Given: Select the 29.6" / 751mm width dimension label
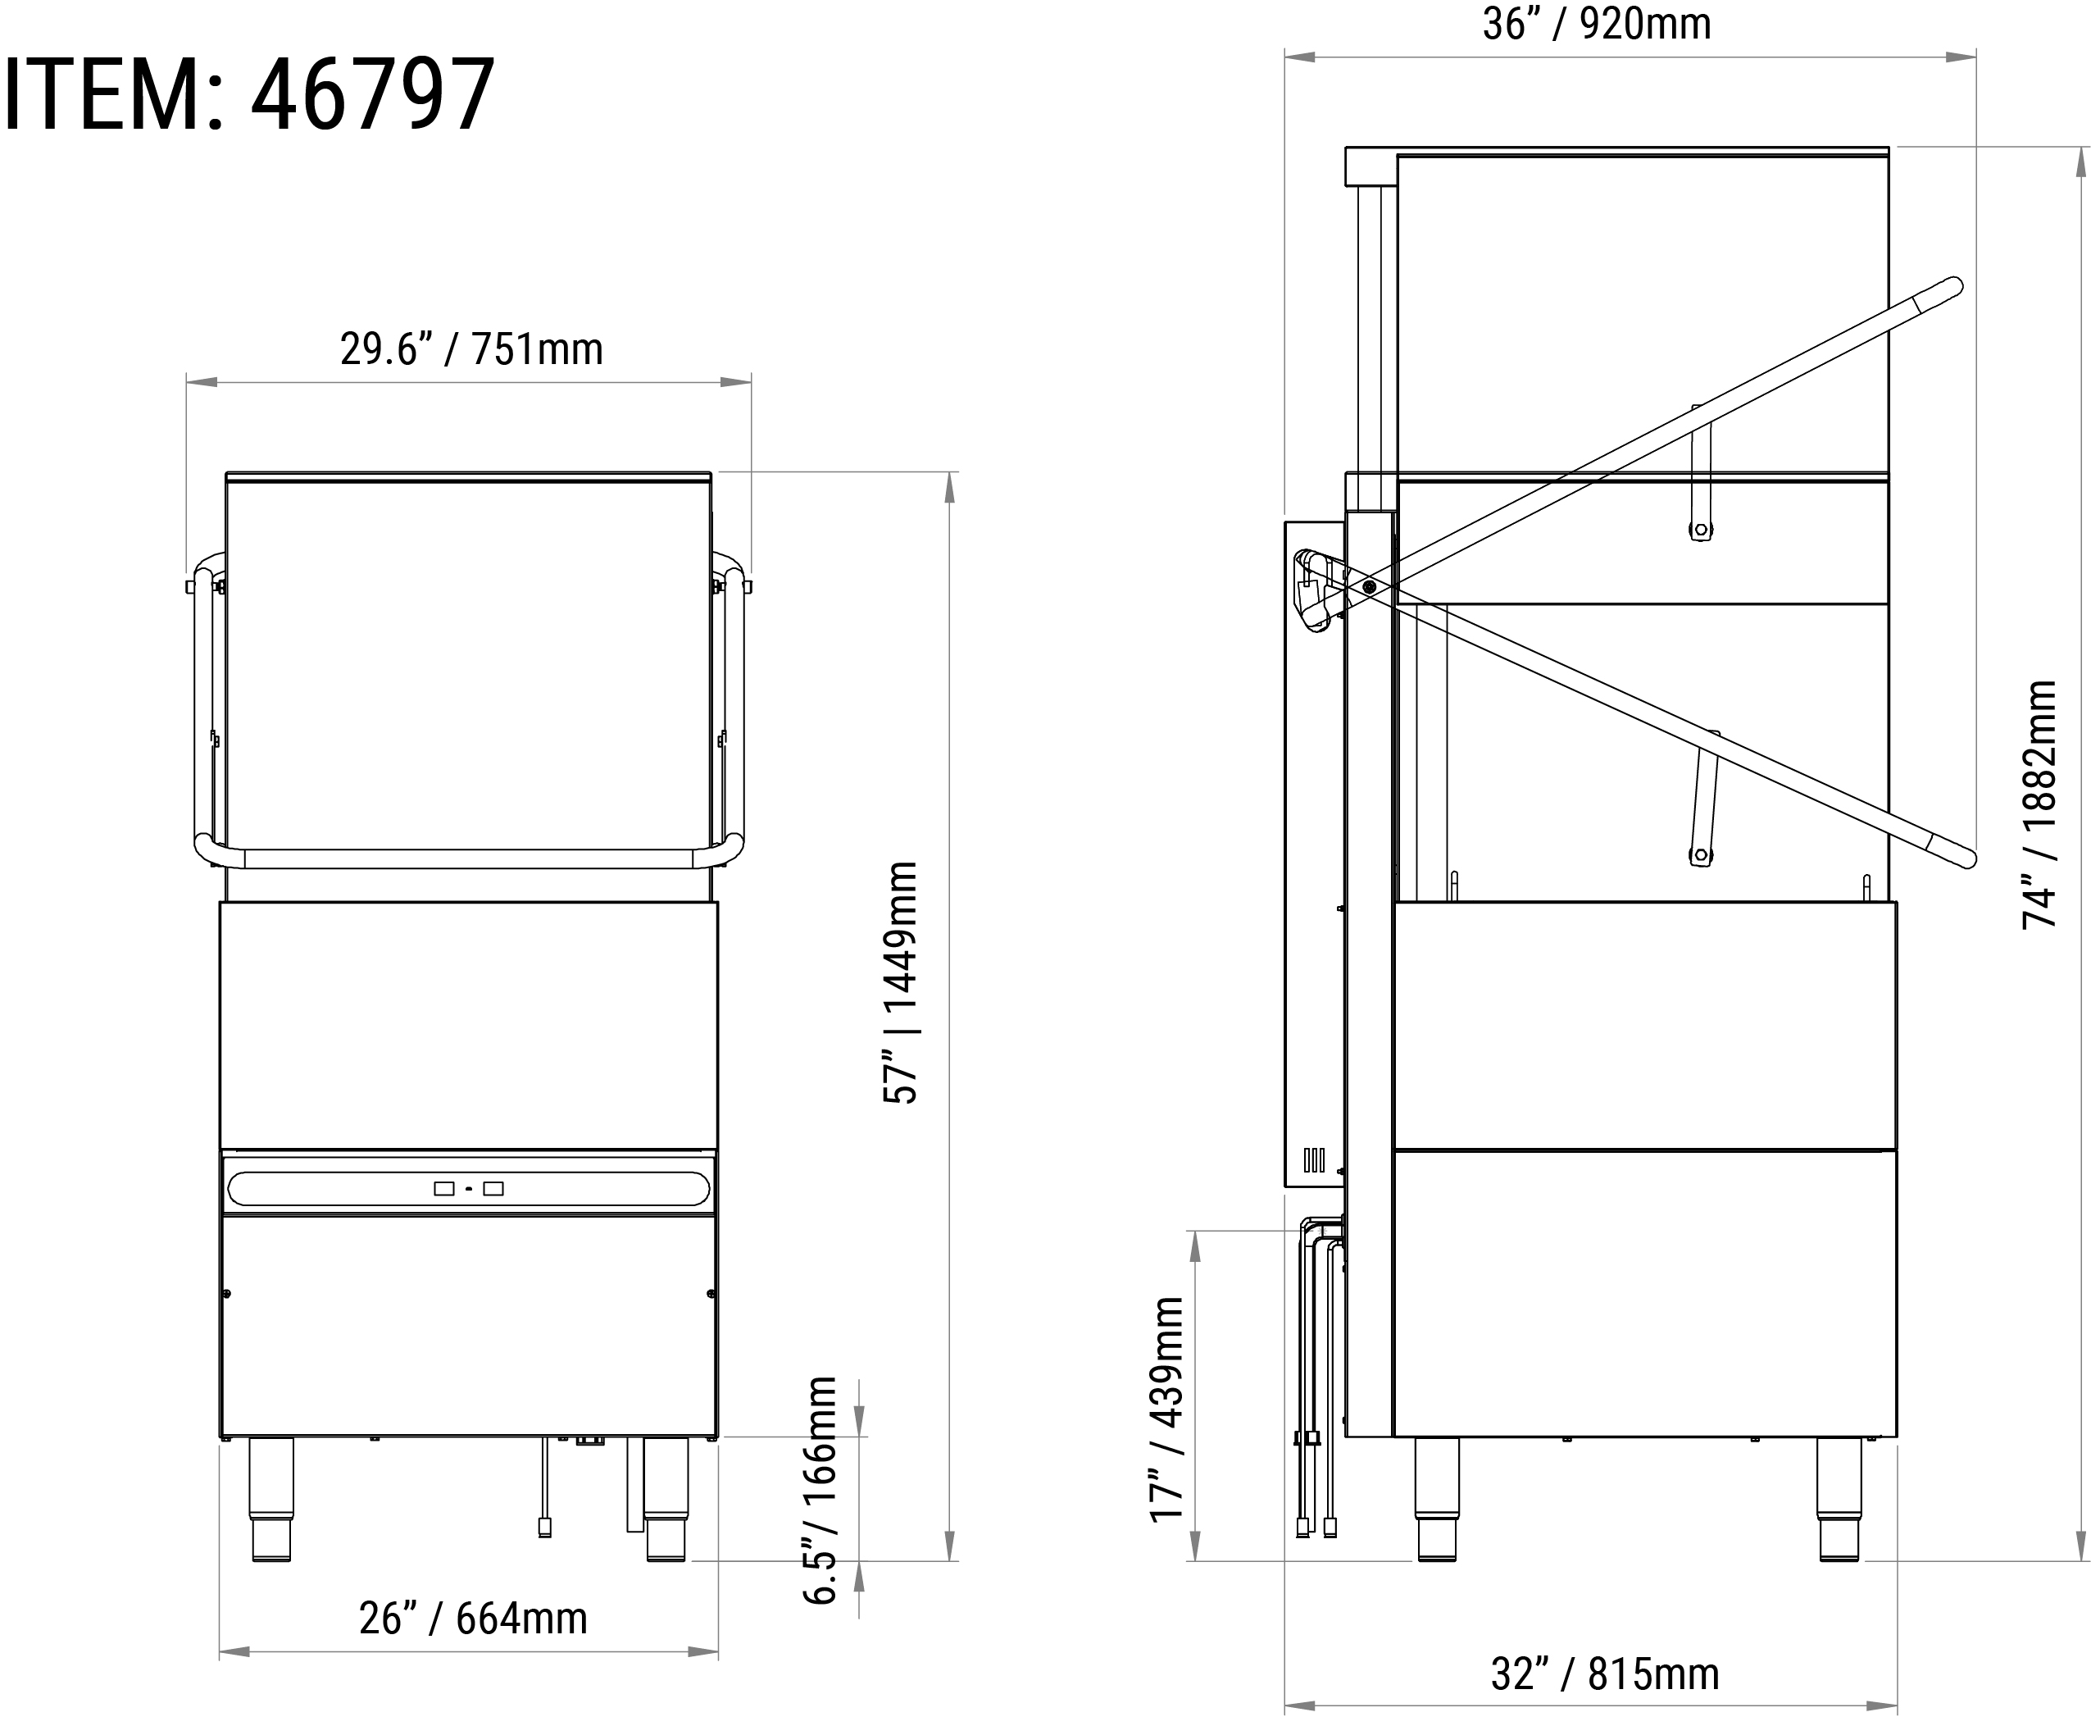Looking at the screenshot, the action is point(471,348).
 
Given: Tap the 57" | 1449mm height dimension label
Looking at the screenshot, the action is point(900,982).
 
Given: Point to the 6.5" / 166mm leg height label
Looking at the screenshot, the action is point(820,1490).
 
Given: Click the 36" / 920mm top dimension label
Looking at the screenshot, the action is point(1596,24).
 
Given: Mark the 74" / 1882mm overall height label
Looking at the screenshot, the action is point(2039,804).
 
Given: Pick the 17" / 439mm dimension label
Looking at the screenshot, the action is point(1167,1409).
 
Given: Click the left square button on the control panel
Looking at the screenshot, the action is point(444,1188).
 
